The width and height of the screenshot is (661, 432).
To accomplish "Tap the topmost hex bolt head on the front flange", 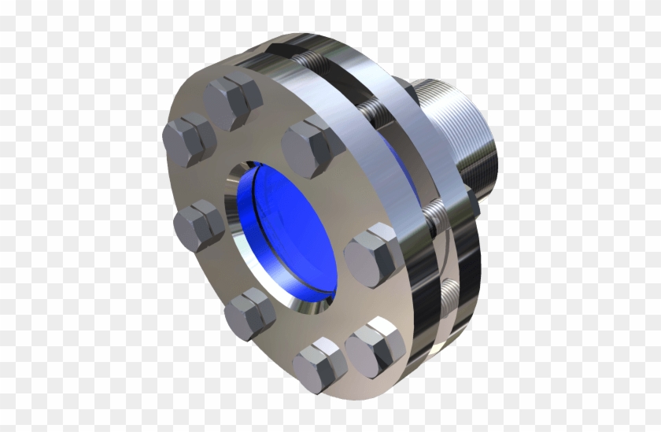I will point(234,102).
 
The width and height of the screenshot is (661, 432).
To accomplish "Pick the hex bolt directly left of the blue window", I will point(198,224).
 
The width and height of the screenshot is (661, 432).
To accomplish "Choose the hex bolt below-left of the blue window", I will point(249,312).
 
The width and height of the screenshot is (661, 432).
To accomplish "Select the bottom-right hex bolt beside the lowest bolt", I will point(375,345).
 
